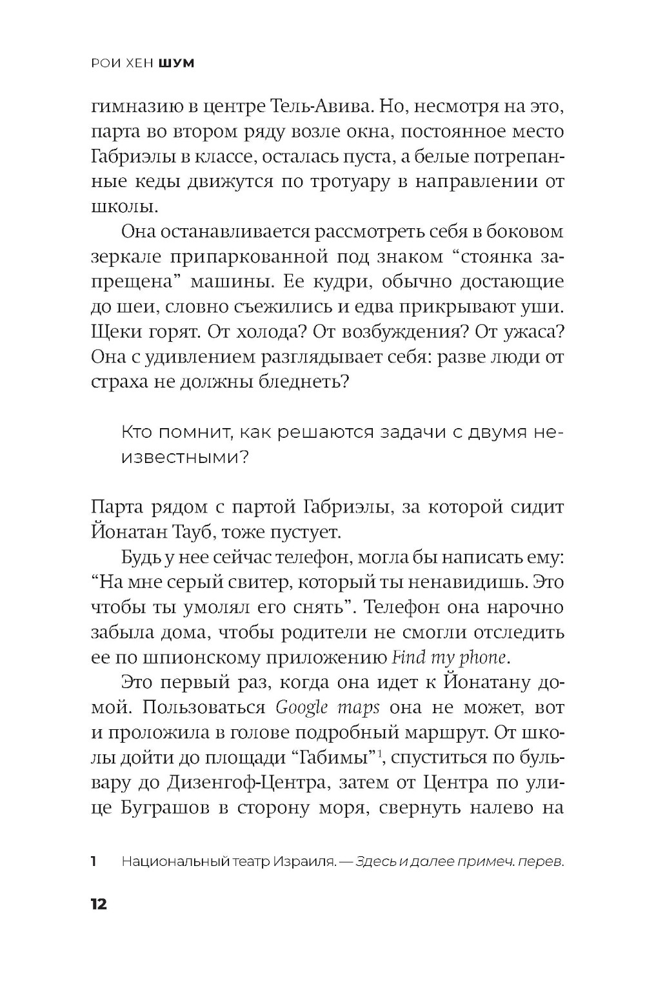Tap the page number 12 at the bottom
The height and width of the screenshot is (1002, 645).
click(x=99, y=903)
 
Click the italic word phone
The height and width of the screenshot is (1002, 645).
click(x=481, y=658)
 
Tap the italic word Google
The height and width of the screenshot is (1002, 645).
click(x=303, y=707)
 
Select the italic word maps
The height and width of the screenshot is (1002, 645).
click(x=358, y=707)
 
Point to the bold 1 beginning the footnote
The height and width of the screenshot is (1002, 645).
click(x=94, y=861)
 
